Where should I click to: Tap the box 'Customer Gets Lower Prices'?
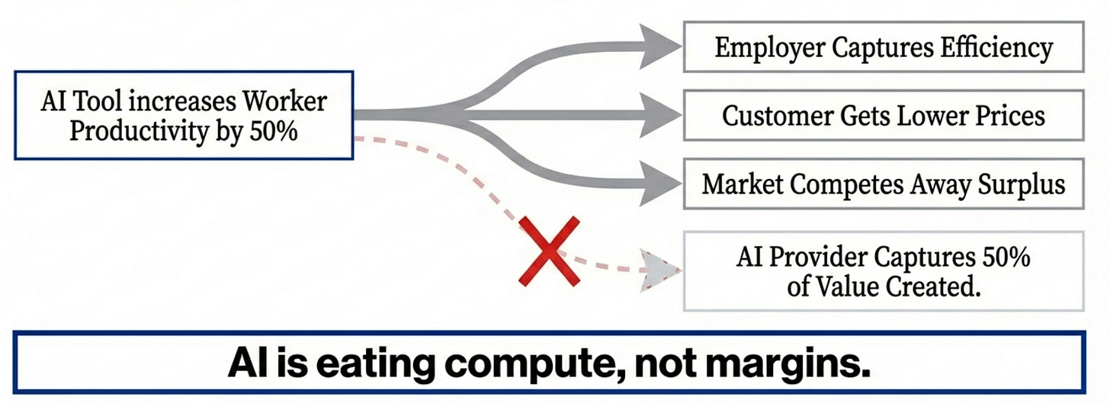[x=884, y=116]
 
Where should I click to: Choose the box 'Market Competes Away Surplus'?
[x=884, y=184]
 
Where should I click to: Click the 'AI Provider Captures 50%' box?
[x=884, y=271]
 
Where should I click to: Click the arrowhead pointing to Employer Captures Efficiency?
[x=656, y=46]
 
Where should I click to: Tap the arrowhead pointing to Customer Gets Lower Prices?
[x=656, y=115]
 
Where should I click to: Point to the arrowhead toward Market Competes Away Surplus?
[x=656, y=184]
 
